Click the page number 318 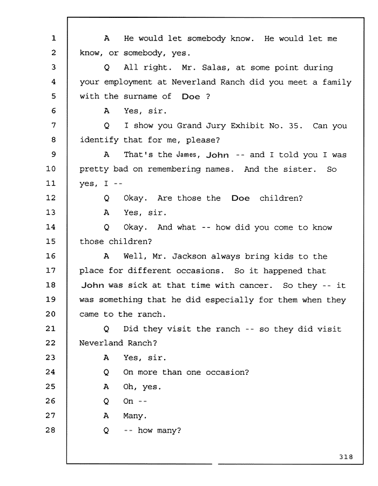click(x=346, y=456)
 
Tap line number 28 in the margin click(x=51, y=430)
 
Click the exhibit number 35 click(x=293, y=125)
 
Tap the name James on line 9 click(x=186, y=154)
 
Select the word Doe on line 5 click(x=191, y=97)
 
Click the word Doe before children click(x=240, y=198)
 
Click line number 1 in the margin click(x=53, y=38)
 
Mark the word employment click(x=128, y=82)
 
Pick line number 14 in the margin click(x=51, y=227)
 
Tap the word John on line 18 click(x=93, y=285)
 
